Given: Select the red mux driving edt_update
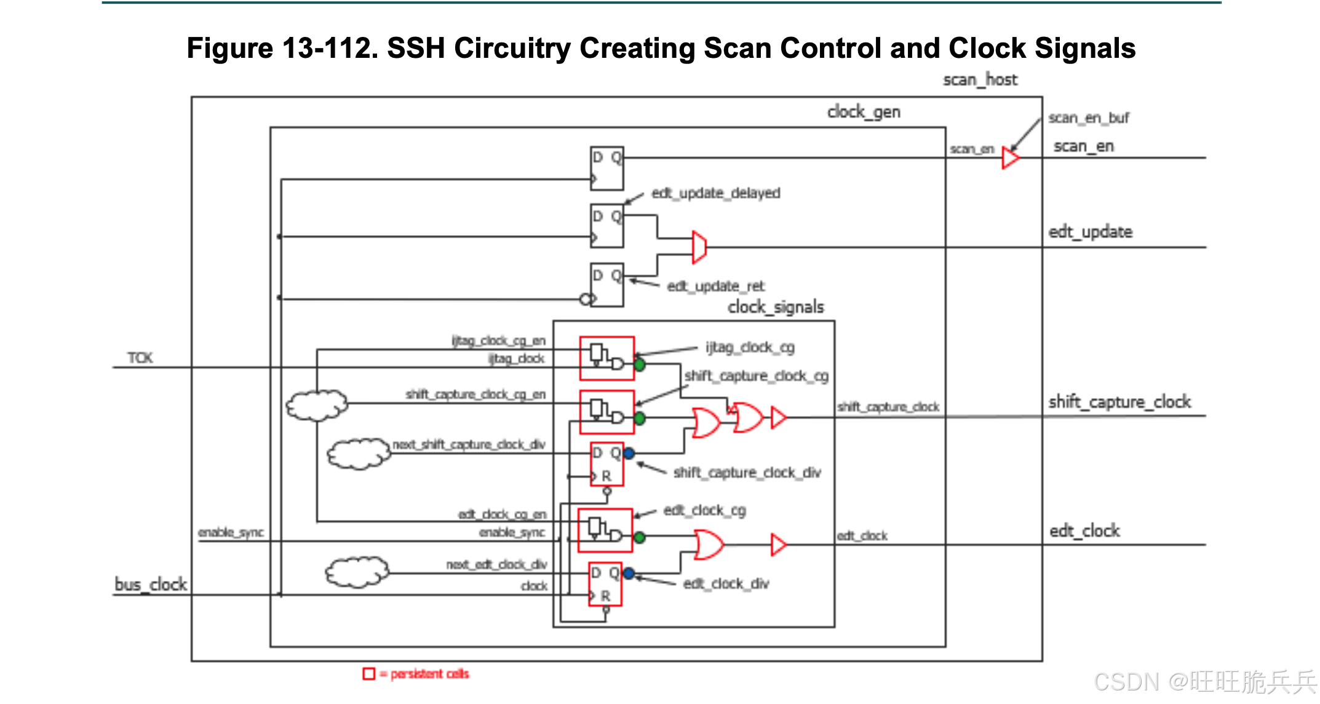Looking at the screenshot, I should [699, 247].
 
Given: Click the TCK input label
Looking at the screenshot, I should [140, 358].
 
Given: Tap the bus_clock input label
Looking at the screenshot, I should [151, 584].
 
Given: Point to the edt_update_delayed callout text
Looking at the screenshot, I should [715, 193].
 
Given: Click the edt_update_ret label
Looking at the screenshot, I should [715, 286].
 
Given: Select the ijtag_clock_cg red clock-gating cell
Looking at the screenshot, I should [606, 358].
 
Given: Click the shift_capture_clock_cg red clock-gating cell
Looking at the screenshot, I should [606, 412].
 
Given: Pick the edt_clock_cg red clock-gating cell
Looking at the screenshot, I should [605, 530].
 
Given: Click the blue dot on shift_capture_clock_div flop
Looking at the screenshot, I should [629, 454].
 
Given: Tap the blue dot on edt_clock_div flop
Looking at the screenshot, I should [628, 574].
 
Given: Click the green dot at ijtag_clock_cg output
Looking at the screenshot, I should [640, 365].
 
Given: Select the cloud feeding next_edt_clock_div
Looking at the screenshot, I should [357, 572].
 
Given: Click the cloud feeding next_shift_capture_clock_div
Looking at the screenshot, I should [359, 454].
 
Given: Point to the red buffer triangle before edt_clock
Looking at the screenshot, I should [778, 545].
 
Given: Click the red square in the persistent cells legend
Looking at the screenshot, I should [368, 674].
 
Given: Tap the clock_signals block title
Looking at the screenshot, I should [775, 307].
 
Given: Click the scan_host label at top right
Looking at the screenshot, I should [980, 80].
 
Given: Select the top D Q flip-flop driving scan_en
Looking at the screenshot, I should [606, 167].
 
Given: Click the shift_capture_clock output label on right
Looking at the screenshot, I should [1119, 402].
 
